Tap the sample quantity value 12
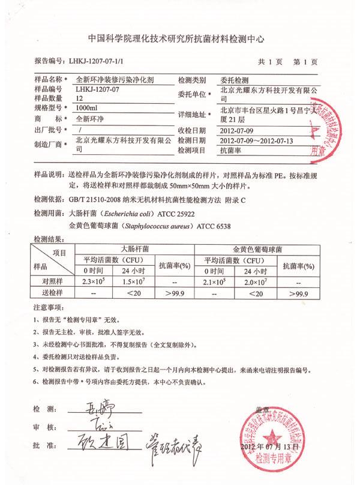click(80, 97)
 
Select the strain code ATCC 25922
click(180, 213)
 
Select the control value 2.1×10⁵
click(216, 281)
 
